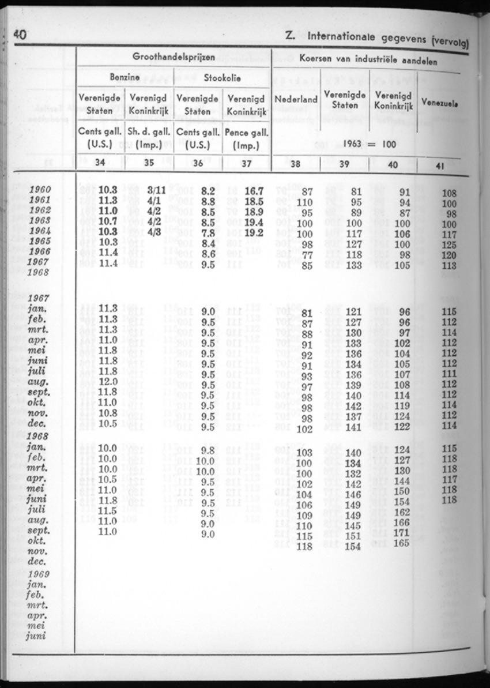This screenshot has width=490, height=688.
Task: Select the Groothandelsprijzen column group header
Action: click(174, 57)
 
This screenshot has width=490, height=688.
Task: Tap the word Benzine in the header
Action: click(125, 78)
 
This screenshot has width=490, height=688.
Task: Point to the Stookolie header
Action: click(222, 78)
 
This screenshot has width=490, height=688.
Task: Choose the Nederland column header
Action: click(296, 99)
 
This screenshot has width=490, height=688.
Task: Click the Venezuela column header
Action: click(440, 103)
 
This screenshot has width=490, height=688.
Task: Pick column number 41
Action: click(439, 165)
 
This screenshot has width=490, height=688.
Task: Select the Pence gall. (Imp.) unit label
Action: click(246, 138)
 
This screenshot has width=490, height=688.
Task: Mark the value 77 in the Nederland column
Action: click(307, 255)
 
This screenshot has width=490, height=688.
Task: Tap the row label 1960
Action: click(39, 190)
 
